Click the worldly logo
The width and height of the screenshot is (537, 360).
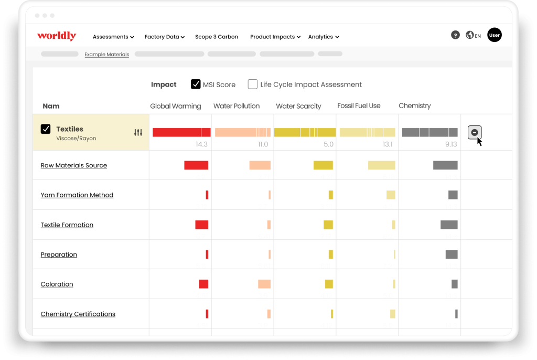click(x=57, y=36)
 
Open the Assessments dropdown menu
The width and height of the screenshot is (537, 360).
click(x=113, y=37)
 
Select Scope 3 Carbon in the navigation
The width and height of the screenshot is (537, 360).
click(x=217, y=37)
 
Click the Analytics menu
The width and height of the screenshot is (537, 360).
click(x=324, y=37)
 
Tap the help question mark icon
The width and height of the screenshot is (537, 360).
click(x=455, y=35)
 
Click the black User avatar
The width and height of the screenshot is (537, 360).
click(x=494, y=35)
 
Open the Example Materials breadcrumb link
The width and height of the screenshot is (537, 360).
click(x=107, y=54)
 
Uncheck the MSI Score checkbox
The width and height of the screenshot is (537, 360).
click(x=196, y=84)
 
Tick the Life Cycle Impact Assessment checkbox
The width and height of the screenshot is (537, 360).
click(x=252, y=84)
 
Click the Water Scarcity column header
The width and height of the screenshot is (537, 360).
click(x=298, y=106)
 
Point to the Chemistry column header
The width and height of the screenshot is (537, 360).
click(x=414, y=105)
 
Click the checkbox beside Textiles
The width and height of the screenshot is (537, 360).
click(x=46, y=129)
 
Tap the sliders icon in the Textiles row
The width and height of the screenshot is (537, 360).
click(x=138, y=132)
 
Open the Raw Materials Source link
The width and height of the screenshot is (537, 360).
click(x=73, y=165)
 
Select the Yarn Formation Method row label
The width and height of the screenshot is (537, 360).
click(x=77, y=195)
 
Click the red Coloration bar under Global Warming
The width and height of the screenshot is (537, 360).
click(x=203, y=284)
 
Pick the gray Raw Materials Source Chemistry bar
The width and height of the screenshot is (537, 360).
click(x=445, y=165)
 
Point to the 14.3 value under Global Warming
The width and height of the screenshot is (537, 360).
click(x=201, y=144)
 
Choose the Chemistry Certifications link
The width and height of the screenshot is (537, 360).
click(x=78, y=314)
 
